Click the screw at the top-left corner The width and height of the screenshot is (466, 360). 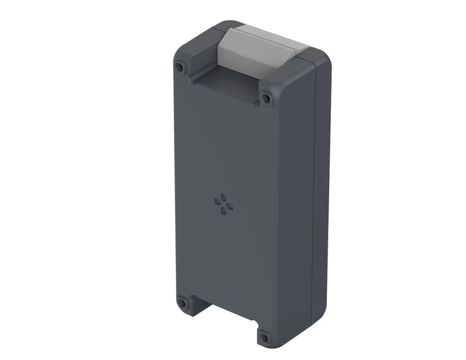tap(181, 68)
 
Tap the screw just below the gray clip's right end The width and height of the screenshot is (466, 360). tap(266, 98)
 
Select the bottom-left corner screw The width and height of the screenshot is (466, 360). tap(182, 303)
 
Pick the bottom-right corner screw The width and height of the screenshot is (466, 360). tap(264, 338)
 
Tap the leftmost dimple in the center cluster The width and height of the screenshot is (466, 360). tap(217, 202)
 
